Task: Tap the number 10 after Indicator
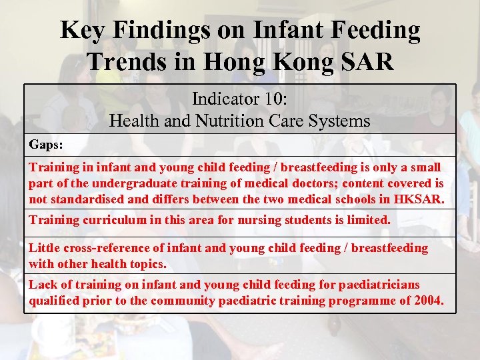click(x=274, y=99)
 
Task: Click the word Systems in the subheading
click(x=338, y=121)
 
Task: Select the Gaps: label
click(x=45, y=144)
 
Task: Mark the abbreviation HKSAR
click(x=418, y=199)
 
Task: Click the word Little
click(x=43, y=248)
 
